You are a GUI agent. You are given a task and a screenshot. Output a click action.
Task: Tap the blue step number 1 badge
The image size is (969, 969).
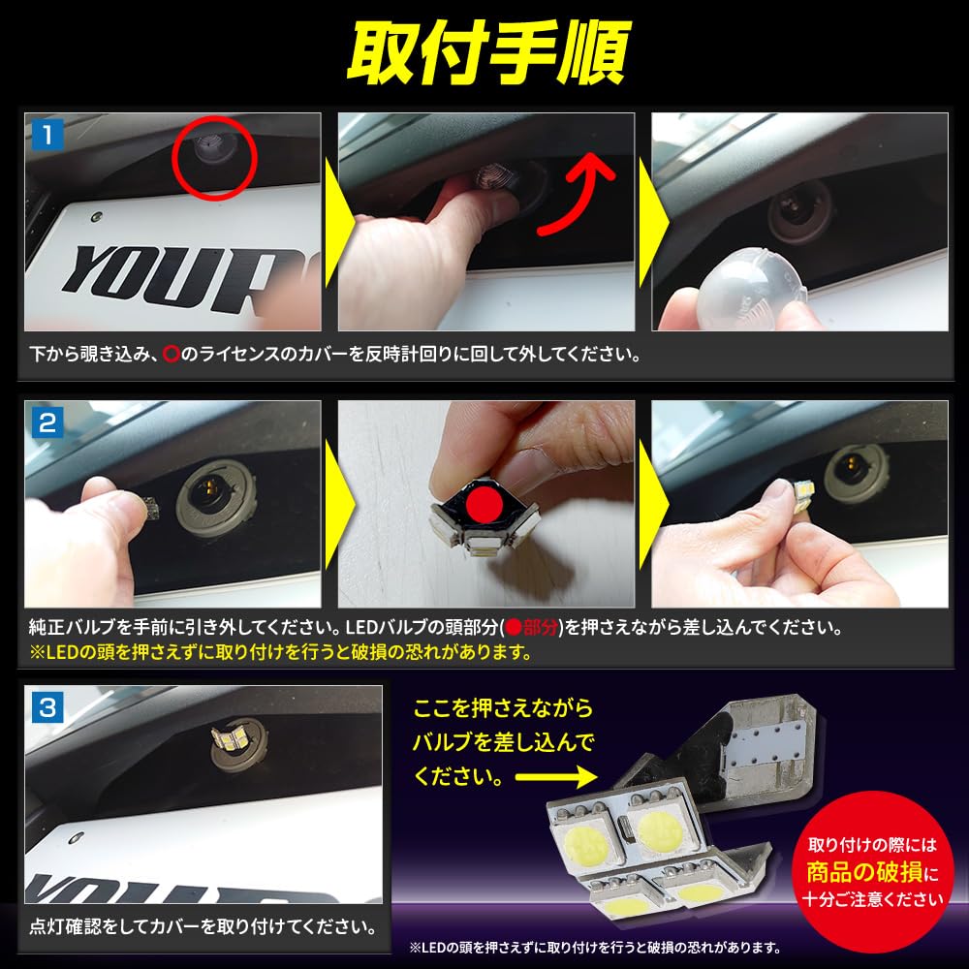coord(47,134)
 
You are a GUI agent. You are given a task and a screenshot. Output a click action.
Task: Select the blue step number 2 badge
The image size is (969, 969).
coord(47,422)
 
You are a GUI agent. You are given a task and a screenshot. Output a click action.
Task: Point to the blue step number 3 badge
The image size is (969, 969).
coord(47,707)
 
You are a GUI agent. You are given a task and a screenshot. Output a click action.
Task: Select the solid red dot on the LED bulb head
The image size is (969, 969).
coord(485,504)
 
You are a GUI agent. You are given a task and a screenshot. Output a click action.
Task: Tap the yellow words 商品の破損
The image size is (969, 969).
coord(864,872)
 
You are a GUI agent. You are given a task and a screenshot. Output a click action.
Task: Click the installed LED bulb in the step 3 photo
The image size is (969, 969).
coord(230,737)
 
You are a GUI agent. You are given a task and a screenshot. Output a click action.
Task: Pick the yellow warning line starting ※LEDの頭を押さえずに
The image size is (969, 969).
coord(281,652)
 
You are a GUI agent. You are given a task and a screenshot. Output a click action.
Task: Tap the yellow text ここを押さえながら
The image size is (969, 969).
coord(503,708)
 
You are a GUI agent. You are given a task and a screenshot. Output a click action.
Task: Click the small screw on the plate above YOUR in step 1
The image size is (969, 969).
coord(96,217)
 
